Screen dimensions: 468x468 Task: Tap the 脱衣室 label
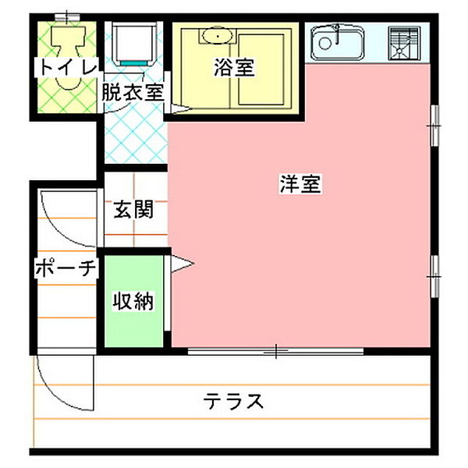pos(133,90)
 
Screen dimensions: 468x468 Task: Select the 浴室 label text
pos(233,68)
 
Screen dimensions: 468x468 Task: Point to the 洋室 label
pos(301,186)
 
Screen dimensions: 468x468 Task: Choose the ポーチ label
pos(66,269)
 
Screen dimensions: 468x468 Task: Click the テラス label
pos(234,402)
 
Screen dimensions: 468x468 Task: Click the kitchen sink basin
pos(337,43)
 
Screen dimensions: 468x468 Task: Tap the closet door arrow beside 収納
pos(180,265)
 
